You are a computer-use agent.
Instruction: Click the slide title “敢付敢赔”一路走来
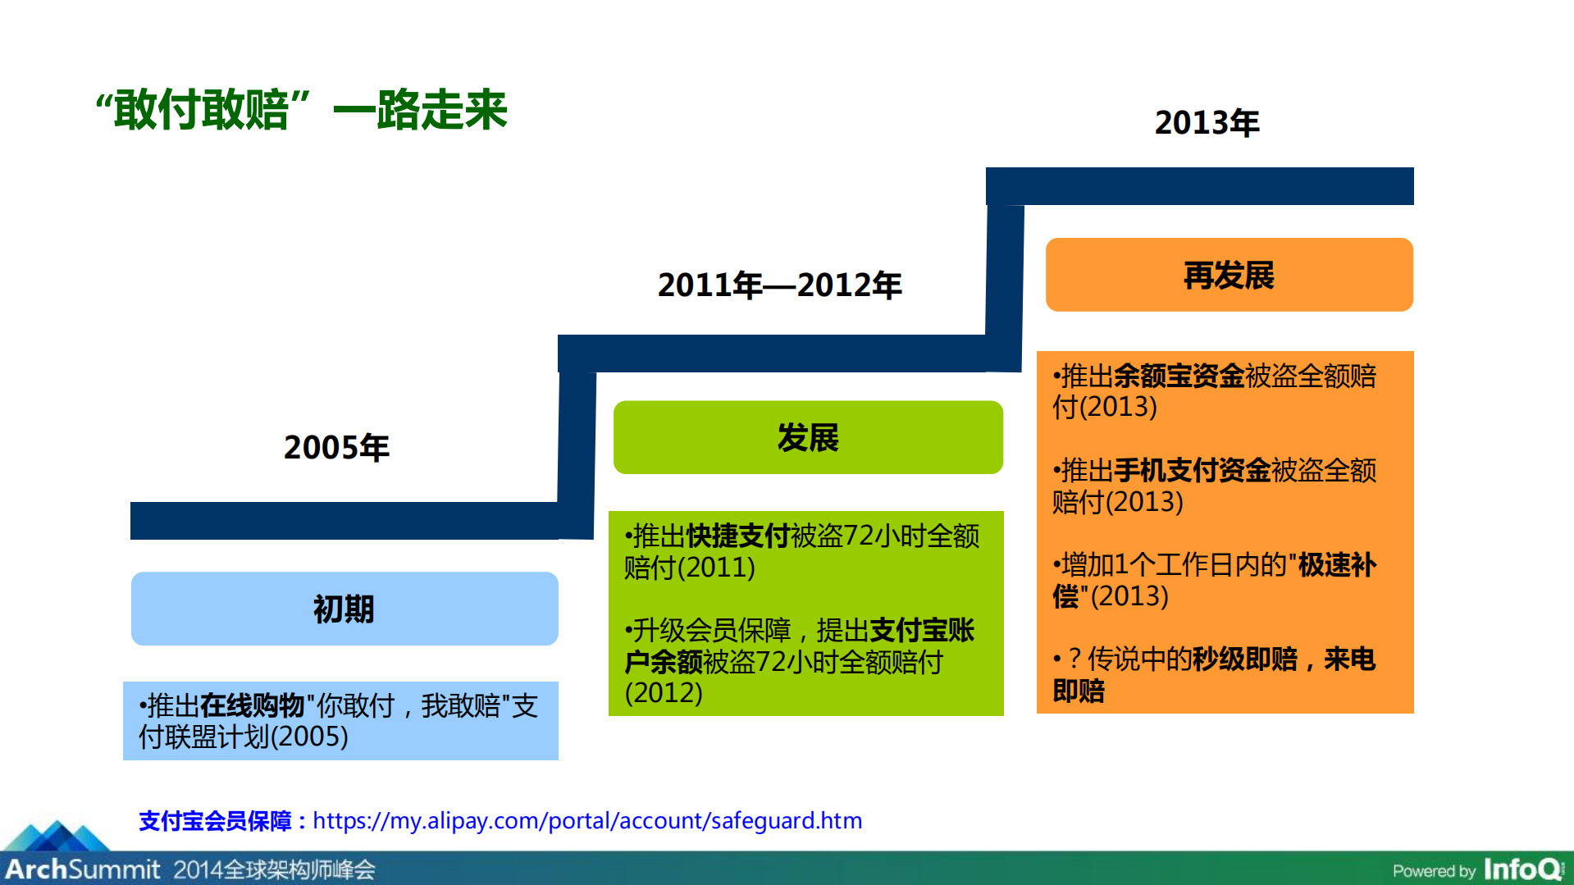click(302, 110)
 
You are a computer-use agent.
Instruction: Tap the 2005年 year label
click(336, 448)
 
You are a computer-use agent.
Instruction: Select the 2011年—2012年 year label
click(779, 285)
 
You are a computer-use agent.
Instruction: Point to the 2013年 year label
click(1207, 123)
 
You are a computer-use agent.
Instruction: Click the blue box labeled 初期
click(344, 609)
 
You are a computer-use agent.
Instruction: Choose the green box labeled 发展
click(808, 437)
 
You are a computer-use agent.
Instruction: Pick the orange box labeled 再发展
click(1229, 275)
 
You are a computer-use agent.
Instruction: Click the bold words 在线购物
click(252, 705)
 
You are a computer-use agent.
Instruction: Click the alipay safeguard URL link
click(587, 820)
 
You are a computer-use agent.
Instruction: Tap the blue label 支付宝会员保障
click(215, 820)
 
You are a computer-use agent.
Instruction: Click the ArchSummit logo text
click(82, 869)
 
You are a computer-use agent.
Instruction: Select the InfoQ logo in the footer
click(1522, 869)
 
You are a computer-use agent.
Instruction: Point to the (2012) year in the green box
click(664, 693)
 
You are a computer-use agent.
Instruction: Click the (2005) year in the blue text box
click(309, 737)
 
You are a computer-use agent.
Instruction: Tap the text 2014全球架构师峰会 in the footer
click(274, 869)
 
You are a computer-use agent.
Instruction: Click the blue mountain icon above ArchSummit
click(57, 836)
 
